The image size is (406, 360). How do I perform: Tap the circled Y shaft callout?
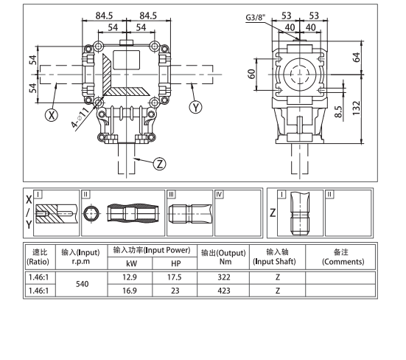pyautogui.click(x=195, y=108)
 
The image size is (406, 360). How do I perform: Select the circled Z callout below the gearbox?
pyautogui.click(x=158, y=163)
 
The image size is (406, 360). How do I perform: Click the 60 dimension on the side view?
pyautogui.click(x=251, y=75)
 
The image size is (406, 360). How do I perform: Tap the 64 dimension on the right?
pyautogui.click(x=357, y=58)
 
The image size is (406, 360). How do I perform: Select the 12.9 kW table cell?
pyautogui.click(x=131, y=276)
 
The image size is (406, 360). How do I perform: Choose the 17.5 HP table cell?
pyautogui.click(x=175, y=276)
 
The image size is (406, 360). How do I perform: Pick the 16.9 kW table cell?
pyautogui.click(x=131, y=291)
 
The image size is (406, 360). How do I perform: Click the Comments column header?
pyautogui.click(x=340, y=257)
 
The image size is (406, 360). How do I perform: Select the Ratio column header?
pyautogui.click(x=37, y=257)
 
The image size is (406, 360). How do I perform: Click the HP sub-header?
pyautogui.click(x=175, y=263)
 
